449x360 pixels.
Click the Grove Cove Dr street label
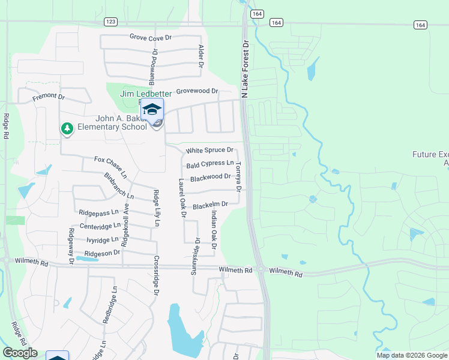(151, 37)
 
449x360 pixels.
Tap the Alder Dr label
(201, 56)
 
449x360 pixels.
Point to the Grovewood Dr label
(196, 91)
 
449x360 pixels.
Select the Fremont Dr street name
(49, 96)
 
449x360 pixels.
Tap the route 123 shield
(110, 22)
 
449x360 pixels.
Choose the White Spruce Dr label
(209, 150)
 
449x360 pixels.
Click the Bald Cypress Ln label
(210, 163)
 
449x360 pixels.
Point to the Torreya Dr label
(238, 177)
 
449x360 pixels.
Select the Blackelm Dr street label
(210, 205)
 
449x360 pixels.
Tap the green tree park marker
(67, 128)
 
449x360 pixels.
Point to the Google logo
(20, 353)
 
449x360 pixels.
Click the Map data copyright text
(411, 355)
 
